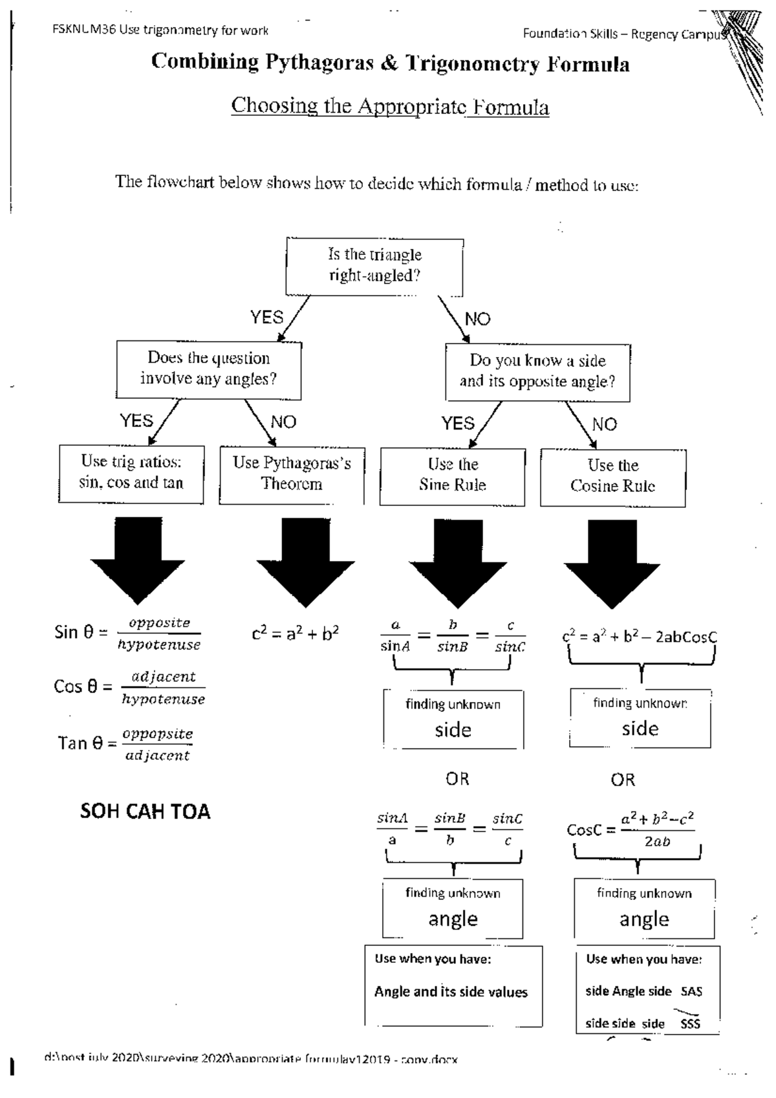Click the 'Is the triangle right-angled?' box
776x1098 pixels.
click(x=374, y=266)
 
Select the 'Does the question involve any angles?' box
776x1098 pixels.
click(x=208, y=369)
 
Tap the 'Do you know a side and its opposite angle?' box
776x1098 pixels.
click(x=537, y=371)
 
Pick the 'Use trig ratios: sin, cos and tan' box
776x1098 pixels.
click(x=131, y=473)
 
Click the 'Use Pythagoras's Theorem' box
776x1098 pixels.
click(x=292, y=474)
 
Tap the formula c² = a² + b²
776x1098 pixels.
click(x=295, y=634)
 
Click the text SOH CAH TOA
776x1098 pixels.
click(x=145, y=811)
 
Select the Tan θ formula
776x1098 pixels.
click(x=125, y=744)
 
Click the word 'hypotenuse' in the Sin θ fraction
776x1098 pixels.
click(x=159, y=645)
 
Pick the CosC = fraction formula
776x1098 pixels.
click(x=630, y=829)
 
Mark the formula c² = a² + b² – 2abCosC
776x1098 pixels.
click(x=639, y=637)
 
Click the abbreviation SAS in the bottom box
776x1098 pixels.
click(x=691, y=991)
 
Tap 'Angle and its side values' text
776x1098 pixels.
click(x=451, y=992)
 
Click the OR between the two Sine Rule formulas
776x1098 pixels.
click(x=457, y=779)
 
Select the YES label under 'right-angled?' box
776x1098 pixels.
click(x=266, y=318)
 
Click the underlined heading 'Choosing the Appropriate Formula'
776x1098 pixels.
click(x=390, y=106)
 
